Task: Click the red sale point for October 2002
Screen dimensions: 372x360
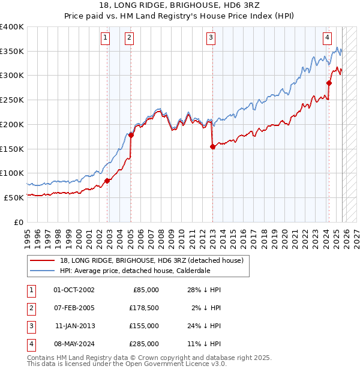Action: pyautogui.click(x=107, y=180)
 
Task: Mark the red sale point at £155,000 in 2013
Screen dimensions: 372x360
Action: pyautogui.click(x=212, y=146)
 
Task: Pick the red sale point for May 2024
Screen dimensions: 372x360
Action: pyautogui.click(x=329, y=83)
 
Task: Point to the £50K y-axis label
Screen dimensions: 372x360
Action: pyautogui.click(x=14, y=197)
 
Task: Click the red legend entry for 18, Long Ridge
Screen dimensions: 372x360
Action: pyautogui.click(x=151, y=260)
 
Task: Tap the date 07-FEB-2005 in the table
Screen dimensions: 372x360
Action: pyautogui.click(x=74, y=309)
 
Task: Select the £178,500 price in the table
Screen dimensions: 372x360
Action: pyautogui.click(x=143, y=309)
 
